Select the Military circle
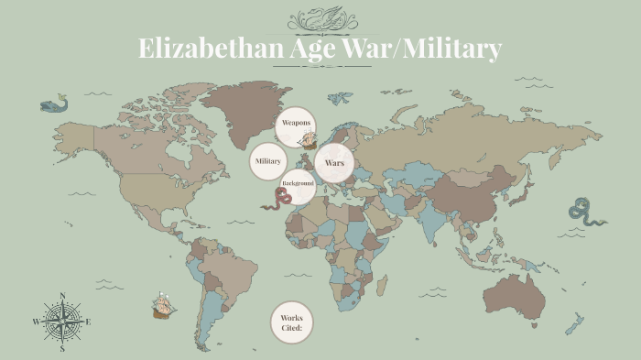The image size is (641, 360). tap(267, 161)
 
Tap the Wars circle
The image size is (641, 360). tap(333, 163)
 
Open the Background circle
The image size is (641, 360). tap(299, 186)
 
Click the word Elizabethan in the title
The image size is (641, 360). tap(198, 48)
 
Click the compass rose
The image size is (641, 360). tap(62, 322)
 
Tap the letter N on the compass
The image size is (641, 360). tap(62, 296)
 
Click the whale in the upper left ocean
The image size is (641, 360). tap(54, 104)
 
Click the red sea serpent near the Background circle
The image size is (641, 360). tap(272, 199)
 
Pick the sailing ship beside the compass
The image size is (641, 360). tap(164, 304)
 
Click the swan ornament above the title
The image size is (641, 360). tap(321, 17)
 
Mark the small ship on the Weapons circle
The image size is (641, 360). tap(309, 140)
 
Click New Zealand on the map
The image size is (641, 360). tap(573, 323)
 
